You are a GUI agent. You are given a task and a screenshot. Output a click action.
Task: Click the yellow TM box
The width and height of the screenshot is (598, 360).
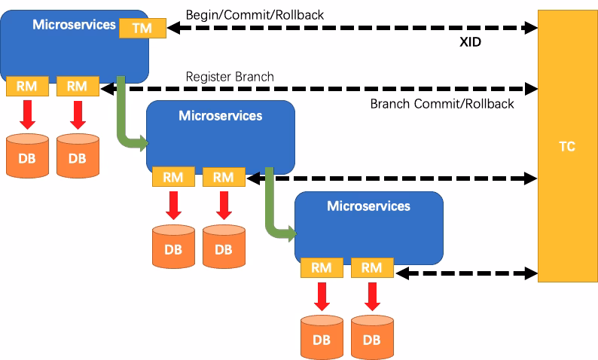141,28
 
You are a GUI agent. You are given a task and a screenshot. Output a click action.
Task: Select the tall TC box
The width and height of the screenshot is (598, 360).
566,146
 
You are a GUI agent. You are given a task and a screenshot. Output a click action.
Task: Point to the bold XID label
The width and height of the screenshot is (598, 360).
470,43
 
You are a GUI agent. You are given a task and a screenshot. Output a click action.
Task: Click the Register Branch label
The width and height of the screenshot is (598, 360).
230,77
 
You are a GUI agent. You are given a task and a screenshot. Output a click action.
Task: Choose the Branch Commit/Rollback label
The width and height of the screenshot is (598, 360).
441,104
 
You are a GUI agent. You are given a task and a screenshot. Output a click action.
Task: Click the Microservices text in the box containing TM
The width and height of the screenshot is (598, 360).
74,25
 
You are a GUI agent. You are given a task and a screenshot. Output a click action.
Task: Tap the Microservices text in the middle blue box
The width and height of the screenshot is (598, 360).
220,116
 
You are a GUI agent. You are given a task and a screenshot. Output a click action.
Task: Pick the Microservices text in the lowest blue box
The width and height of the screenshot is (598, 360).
368,206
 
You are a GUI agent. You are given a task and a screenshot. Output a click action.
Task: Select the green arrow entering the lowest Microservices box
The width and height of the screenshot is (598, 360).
275,222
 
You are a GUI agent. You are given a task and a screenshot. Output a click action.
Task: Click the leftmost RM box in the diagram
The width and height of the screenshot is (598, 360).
27,87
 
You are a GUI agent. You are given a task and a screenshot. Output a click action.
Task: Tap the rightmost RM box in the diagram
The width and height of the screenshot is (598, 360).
371,267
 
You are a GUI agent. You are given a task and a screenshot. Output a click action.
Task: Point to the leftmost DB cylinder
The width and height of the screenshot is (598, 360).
27,156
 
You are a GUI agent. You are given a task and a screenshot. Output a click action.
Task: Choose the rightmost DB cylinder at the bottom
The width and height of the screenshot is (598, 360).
371,337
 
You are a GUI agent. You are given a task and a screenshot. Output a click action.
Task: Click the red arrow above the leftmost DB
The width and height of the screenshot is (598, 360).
27,114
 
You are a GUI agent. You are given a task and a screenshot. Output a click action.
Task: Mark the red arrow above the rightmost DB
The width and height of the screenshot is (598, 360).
371,295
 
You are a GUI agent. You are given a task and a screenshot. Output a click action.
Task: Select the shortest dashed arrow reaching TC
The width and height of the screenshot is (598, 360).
466,273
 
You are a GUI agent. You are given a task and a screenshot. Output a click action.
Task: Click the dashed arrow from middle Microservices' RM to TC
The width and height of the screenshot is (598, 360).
392,178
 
